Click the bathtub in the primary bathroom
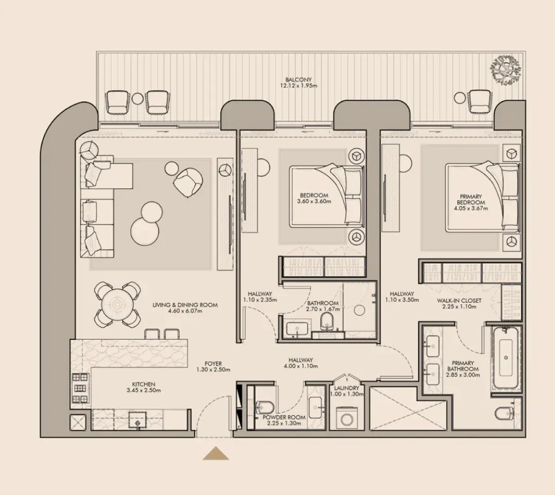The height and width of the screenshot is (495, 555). [x=506, y=357]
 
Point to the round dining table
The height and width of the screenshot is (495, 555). [x=117, y=304]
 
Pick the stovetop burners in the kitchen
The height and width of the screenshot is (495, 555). [x=81, y=388]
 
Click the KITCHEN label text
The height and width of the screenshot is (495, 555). [x=143, y=384]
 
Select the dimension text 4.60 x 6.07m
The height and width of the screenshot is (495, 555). [x=185, y=311]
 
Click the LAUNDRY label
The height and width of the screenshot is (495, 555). [x=346, y=388]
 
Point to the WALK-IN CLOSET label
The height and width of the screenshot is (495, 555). [x=459, y=301]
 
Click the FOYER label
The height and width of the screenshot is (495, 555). [x=213, y=364]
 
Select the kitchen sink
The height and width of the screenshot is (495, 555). [x=138, y=419]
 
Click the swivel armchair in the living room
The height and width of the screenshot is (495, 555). [x=188, y=183]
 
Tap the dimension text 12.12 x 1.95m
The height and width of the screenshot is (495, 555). [x=299, y=86]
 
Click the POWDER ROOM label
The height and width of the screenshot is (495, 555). [x=284, y=417]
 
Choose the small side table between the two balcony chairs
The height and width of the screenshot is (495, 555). [x=138, y=98]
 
